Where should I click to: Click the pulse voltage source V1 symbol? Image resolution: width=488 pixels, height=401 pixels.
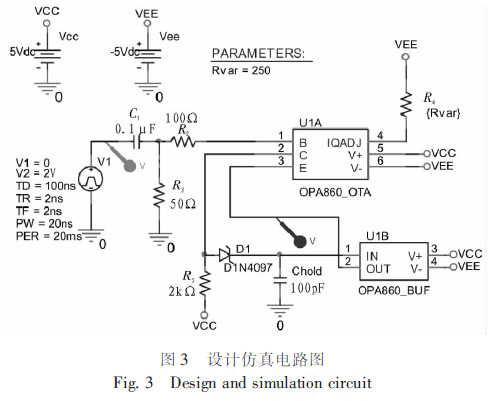[x=91, y=179]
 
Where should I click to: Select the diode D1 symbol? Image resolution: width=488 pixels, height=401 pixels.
[x=225, y=255]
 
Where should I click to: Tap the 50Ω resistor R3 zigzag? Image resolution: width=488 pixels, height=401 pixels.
[x=160, y=195]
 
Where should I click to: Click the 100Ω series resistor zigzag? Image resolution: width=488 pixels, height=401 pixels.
[x=183, y=142]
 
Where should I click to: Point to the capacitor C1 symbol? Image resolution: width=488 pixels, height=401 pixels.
[x=136, y=142]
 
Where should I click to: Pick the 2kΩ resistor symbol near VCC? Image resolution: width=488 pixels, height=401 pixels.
[x=205, y=283]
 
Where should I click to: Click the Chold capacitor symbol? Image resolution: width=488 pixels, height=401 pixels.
[x=279, y=280]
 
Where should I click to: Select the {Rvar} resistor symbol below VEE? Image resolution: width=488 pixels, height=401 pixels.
[x=406, y=105]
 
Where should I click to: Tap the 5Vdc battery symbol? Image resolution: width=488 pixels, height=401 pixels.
[x=47, y=56]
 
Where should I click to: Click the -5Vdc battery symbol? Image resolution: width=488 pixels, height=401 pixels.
[x=148, y=56]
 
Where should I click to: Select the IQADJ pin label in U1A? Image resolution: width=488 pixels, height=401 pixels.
[x=344, y=143]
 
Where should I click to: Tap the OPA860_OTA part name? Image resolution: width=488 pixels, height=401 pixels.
[x=335, y=192]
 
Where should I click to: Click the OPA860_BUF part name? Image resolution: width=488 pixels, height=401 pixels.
[x=394, y=290]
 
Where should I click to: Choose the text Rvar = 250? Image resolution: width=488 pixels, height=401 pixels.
[x=241, y=71]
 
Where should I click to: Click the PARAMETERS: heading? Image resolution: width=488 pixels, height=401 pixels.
[x=258, y=53]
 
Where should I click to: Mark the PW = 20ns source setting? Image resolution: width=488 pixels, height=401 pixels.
[x=44, y=223]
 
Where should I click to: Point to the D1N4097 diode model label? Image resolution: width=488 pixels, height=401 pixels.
[x=248, y=267]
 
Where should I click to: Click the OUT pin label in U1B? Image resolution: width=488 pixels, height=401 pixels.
[x=378, y=269]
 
